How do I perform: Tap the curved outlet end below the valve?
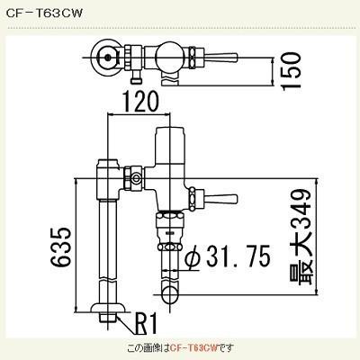click(x=170, y=291)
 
